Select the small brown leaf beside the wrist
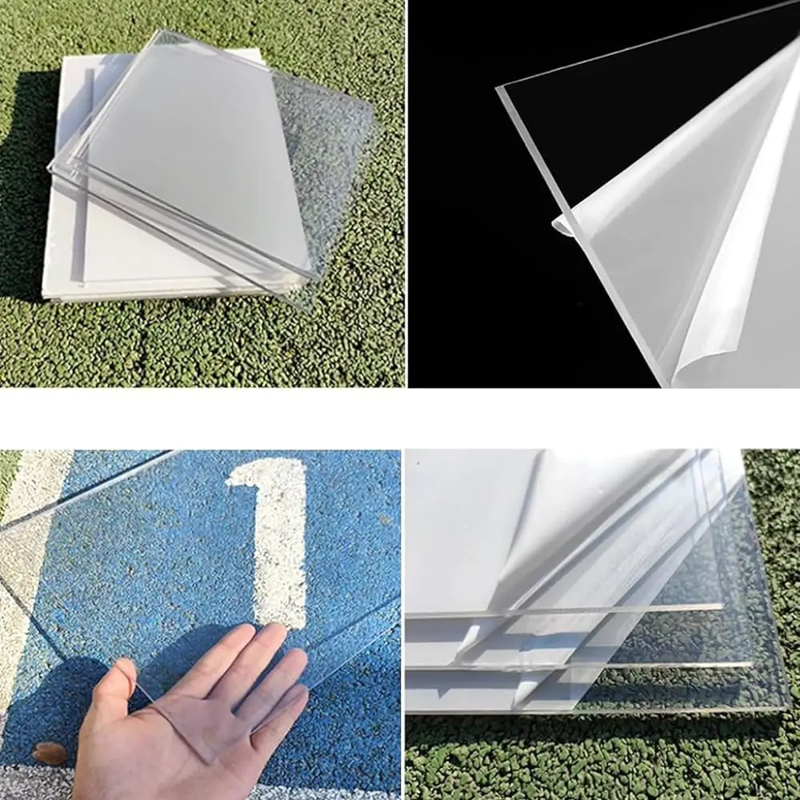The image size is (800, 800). [x=50, y=752]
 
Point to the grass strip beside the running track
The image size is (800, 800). [x=8, y=472]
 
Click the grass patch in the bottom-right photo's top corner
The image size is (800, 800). [x=772, y=480]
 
